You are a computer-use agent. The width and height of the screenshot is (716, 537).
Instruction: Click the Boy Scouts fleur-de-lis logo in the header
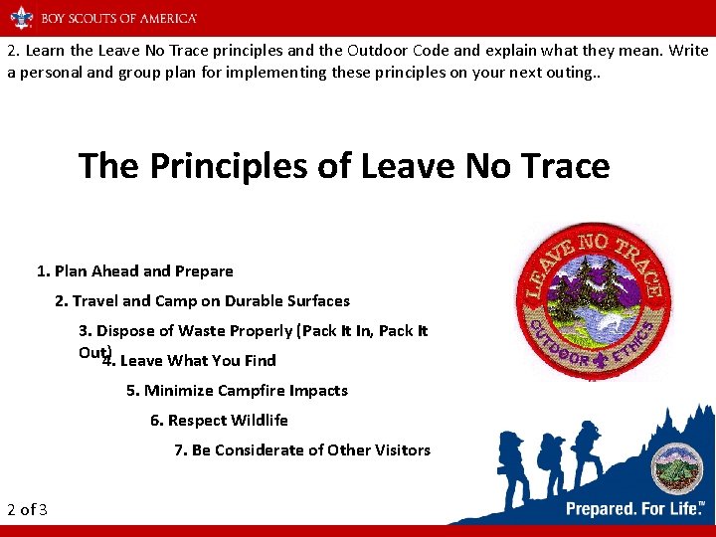click(x=22, y=17)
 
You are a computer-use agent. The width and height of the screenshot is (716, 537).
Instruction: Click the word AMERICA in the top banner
click(x=165, y=18)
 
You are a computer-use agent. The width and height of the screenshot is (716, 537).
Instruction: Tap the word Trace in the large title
click(x=561, y=165)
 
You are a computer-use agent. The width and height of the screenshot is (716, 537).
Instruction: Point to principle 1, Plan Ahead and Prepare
click(x=135, y=270)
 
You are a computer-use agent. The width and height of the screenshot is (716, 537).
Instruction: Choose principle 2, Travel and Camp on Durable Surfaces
click(x=203, y=300)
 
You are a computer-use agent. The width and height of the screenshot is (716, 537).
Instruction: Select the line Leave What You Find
click(x=189, y=360)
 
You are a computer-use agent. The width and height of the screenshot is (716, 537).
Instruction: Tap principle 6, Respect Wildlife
click(x=219, y=420)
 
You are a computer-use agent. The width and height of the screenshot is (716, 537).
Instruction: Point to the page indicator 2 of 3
click(x=27, y=509)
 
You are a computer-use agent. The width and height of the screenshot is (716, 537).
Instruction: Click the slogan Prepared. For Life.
click(x=634, y=508)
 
